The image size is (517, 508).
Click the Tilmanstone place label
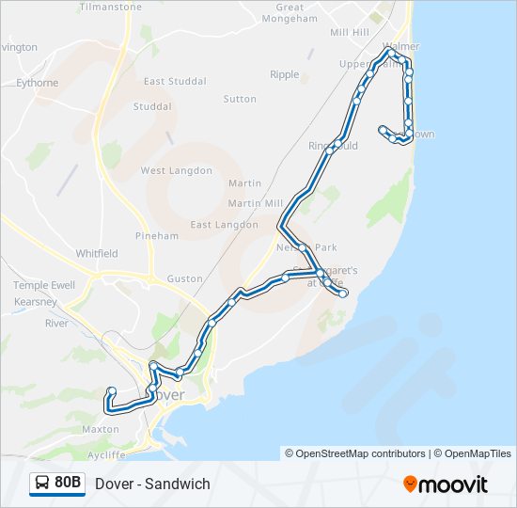111,7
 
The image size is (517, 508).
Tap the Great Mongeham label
290,12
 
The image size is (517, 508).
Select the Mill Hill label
350,32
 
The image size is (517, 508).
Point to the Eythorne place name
37,83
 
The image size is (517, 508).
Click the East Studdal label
175,82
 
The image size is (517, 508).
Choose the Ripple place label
284,74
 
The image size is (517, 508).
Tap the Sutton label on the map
240,99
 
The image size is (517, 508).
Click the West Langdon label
176,170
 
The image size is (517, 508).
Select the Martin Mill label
255,203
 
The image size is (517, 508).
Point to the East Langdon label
224,225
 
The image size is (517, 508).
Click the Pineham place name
156,236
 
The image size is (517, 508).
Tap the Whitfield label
97,253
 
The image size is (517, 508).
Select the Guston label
184,278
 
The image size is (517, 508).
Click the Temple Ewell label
43,285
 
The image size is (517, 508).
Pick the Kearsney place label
36,302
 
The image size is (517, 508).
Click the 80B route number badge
57,484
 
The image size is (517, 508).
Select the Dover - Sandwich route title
152,484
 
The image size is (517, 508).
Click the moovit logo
446,484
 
